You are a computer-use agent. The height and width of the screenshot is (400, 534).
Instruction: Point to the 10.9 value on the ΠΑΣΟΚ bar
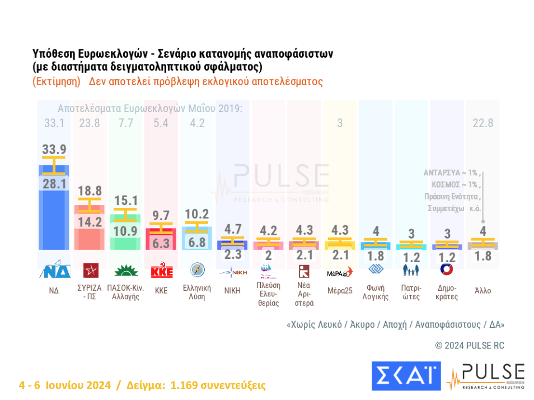[x=125, y=231]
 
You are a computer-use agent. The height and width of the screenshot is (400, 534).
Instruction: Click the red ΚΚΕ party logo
[x=162, y=271]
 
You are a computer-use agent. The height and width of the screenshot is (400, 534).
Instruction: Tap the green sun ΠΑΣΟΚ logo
[x=126, y=271]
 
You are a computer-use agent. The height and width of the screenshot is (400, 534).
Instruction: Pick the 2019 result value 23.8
[x=90, y=123]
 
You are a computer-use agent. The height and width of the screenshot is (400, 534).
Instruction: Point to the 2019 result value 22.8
[x=483, y=123]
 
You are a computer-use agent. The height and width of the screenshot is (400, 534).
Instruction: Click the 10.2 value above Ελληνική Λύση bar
[x=196, y=213]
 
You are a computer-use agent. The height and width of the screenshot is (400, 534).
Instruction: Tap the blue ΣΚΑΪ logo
[x=406, y=376]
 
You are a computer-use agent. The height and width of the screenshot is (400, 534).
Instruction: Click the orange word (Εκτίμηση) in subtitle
[x=57, y=81]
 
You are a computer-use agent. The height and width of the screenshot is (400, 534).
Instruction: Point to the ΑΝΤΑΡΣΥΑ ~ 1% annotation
[x=449, y=173]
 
